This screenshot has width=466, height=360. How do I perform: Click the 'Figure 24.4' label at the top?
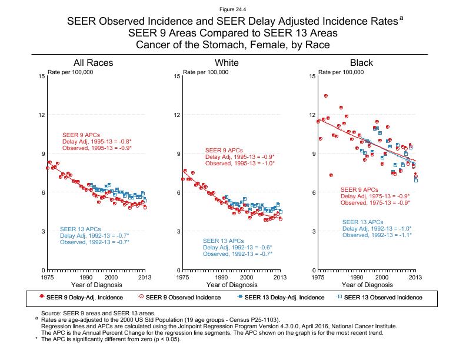click(232, 9)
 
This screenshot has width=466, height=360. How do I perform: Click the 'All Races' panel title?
click(93, 63)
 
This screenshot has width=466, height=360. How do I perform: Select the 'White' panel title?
click(227, 63)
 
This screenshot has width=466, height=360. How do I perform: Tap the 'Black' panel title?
click(361, 63)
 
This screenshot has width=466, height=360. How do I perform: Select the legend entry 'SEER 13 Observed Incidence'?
click(382, 297)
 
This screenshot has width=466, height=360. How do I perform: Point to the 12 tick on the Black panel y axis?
click(312, 115)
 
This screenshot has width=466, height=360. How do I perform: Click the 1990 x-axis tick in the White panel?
click(221, 277)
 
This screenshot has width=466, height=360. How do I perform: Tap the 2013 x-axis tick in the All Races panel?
click(145, 277)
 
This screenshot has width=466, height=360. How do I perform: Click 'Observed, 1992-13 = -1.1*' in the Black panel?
click(377, 235)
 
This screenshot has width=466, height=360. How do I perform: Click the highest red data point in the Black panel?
click(326, 95)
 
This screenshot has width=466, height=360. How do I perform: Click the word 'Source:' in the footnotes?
click(50, 314)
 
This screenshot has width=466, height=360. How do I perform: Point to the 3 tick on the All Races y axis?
click(43, 231)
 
